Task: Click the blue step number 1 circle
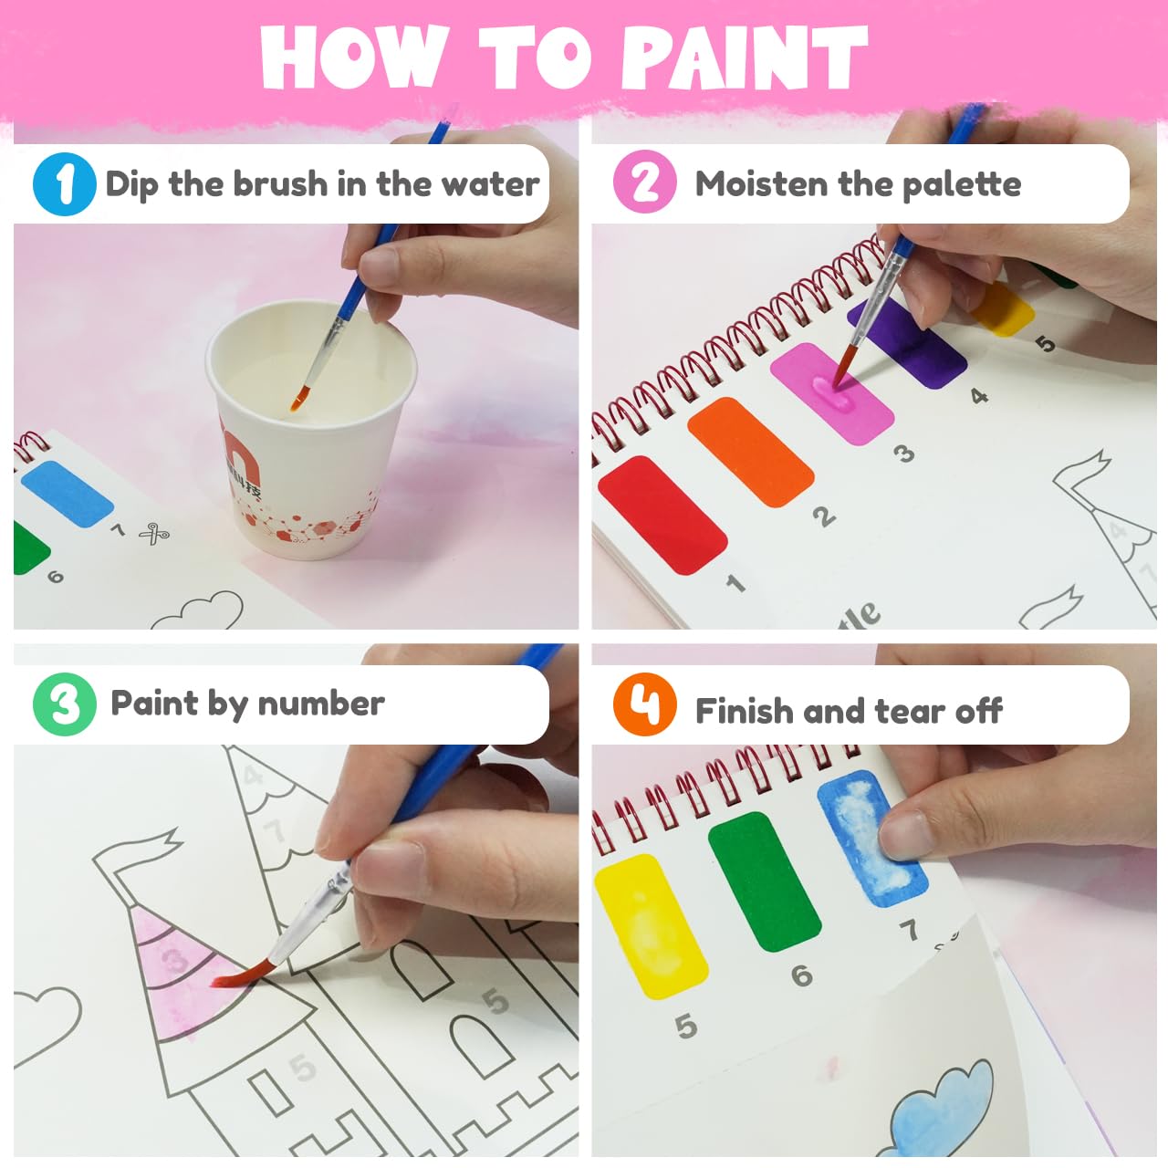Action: tap(64, 183)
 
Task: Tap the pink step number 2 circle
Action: tap(644, 182)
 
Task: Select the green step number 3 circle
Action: tap(64, 704)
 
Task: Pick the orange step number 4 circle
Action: tap(644, 704)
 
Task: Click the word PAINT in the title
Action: tap(745, 57)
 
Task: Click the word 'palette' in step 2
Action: tap(962, 185)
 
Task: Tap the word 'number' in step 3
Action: tap(321, 704)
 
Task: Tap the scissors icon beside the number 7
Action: tap(154, 534)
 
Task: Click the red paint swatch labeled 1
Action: tap(662, 515)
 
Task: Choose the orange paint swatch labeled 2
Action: tap(750, 452)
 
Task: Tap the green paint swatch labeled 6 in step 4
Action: tap(765, 881)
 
